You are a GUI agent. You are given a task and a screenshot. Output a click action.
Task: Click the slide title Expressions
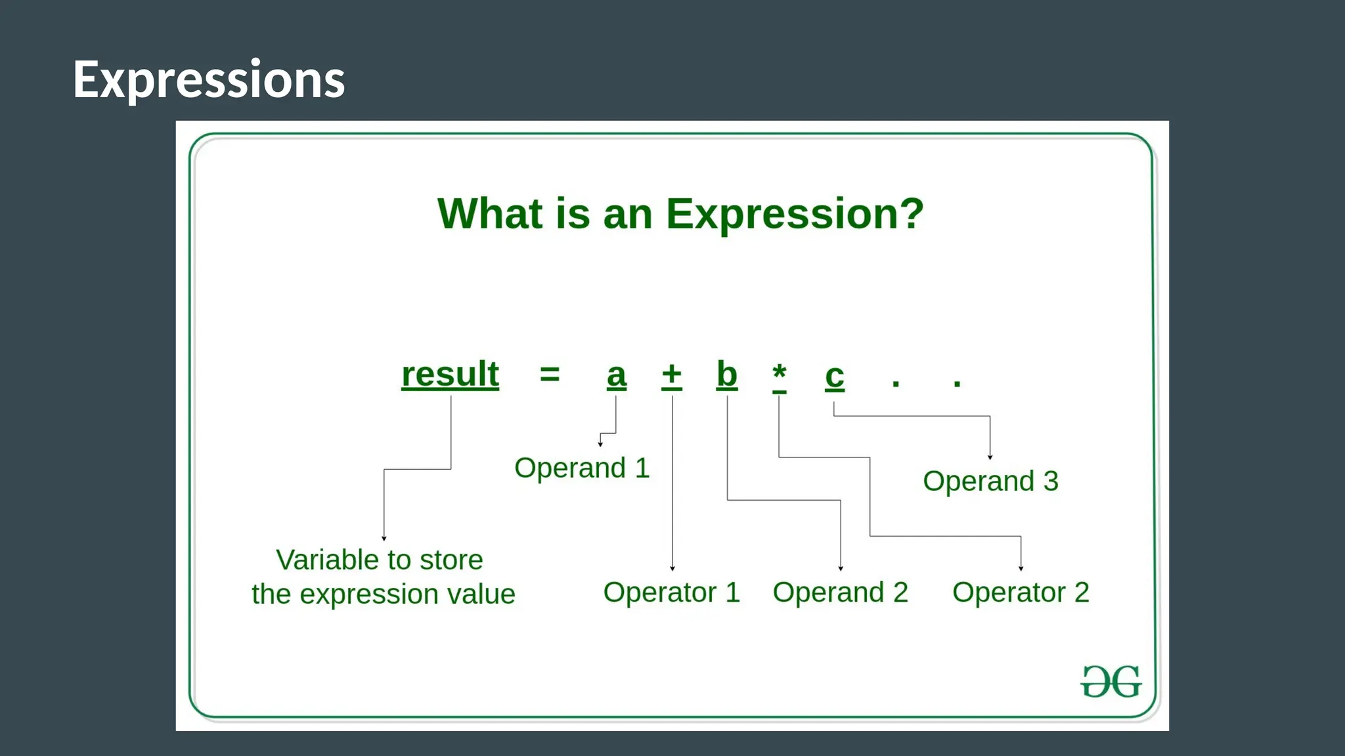point(209,79)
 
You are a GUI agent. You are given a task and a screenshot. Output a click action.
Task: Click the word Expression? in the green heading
point(795,214)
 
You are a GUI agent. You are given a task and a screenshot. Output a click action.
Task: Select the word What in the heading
point(490,214)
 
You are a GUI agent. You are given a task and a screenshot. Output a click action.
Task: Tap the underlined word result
point(450,375)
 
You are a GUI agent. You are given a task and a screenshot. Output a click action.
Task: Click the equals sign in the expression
point(550,375)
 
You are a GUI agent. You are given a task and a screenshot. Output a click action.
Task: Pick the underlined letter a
point(616,376)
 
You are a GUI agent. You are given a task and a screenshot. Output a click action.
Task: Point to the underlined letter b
point(726,375)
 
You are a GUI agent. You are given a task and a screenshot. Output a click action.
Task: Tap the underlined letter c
point(834,377)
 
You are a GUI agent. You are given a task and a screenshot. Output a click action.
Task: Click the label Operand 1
point(582,468)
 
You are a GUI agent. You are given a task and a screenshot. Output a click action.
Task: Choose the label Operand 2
point(840,593)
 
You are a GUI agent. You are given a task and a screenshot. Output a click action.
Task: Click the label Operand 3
point(990,481)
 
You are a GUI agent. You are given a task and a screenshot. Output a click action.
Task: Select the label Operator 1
point(671,593)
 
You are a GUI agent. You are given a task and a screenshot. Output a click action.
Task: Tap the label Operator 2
point(1021,593)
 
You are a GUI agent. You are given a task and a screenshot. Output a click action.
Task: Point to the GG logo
point(1111,682)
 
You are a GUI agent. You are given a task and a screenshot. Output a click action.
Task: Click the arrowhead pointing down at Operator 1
point(672,568)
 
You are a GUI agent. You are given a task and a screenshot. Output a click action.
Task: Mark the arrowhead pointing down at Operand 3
point(990,457)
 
